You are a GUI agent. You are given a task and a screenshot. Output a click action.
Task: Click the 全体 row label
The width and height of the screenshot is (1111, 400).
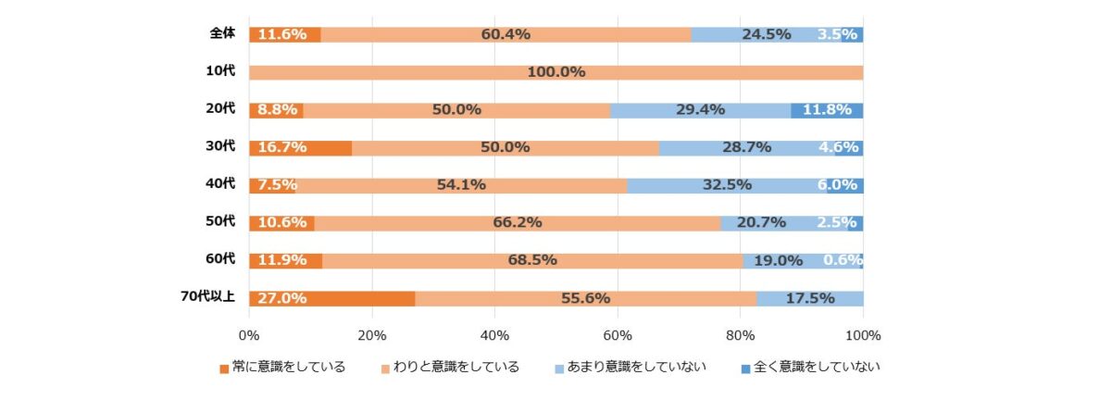(x=222, y=33)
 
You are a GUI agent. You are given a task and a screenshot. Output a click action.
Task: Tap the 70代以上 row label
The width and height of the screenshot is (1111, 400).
(x=208, y=297)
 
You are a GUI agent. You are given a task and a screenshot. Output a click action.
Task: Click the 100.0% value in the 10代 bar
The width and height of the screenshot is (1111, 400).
(x=555, y=72)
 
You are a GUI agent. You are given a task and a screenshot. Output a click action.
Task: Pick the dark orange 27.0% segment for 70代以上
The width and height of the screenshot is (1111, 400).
(x=331, y=298)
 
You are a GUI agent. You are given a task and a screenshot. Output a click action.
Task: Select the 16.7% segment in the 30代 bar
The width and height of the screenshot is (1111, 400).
(x=300, y=147)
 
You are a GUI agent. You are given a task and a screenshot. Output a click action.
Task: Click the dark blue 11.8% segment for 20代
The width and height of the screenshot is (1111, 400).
(x=827, y=110)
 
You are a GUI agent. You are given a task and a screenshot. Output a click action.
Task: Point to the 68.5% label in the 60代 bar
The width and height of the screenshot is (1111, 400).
(x=532, y=260)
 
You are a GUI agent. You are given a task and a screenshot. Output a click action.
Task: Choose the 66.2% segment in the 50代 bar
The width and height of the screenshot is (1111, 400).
(x=516, y=223)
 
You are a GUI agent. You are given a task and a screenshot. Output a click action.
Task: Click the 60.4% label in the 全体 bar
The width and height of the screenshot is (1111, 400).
(x=506, y=34)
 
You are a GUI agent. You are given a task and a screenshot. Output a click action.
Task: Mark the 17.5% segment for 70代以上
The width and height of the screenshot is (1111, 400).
(x=810, y=298)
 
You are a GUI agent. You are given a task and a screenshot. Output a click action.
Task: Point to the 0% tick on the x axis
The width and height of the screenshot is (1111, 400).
(x=249, y=334)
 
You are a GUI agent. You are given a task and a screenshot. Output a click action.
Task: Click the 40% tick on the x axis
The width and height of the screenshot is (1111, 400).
(x=494, y=334)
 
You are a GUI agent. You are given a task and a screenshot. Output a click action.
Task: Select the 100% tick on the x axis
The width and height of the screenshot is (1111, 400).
(x=863, y=334)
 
